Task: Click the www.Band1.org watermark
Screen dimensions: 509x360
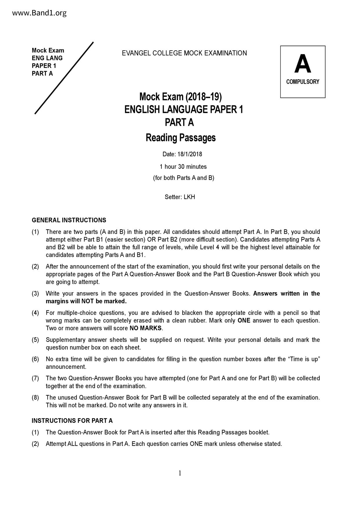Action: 39,13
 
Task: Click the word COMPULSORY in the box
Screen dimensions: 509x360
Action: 303,82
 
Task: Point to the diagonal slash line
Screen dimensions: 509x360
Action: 64,78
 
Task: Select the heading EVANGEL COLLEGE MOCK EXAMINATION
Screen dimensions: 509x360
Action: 184,53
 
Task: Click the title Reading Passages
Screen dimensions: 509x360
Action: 181,138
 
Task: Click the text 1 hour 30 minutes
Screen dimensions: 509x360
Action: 183,167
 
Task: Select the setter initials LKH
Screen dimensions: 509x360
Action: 189,197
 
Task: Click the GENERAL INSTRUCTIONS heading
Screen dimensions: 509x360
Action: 69,220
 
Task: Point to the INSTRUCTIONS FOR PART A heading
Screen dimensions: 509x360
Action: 72,421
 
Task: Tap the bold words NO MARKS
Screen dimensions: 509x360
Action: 145,328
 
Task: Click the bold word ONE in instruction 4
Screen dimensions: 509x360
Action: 244,321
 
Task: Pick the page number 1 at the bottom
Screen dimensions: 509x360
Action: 180,473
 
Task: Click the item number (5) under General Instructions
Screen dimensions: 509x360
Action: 35,340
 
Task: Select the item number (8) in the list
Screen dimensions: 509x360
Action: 35,398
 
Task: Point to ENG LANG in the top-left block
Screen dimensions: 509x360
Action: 47,58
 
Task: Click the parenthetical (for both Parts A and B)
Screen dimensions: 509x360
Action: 183,178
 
